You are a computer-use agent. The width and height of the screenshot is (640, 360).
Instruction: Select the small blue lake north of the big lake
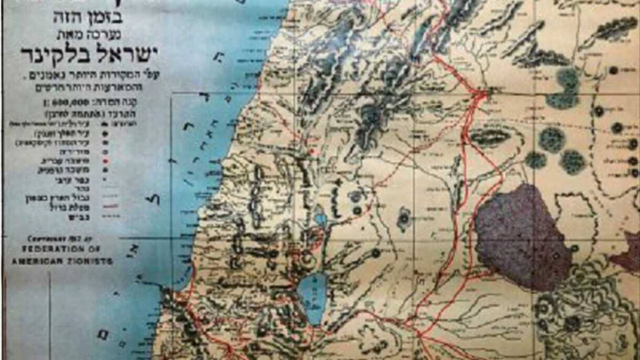[x=321, y=219]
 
